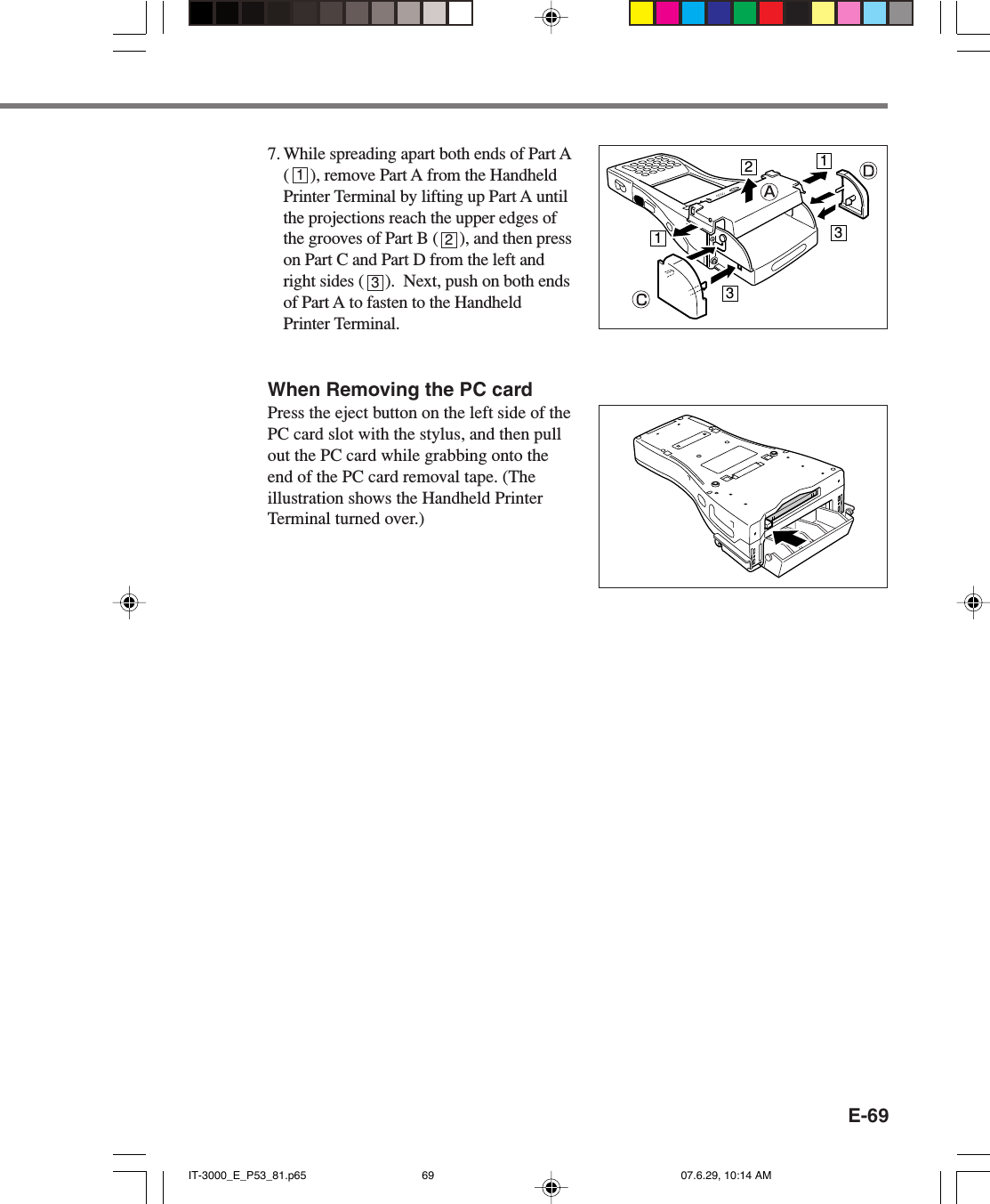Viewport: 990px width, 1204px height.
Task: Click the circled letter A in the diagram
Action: [x=769, y=192]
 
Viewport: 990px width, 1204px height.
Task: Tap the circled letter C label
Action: [x=640, y=300]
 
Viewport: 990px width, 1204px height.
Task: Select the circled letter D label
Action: [x=868, y=171]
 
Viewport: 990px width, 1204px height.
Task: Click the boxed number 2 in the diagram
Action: [x=749, y=167]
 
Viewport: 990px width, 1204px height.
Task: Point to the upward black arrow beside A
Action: [x=749, y=190]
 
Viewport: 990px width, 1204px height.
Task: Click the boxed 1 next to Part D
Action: [x=825, y=161]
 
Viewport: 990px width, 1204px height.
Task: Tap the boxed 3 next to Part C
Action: [x=729, y=294]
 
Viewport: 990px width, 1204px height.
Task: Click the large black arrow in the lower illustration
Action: [x=789, y=537]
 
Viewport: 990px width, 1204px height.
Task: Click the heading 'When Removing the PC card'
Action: [x=399, y=390]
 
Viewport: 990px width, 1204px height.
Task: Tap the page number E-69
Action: [x=867, y=1116]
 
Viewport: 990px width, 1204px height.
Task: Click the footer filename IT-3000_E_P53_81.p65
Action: [x=247, y=1176]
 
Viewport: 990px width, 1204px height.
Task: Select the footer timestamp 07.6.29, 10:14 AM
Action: [x=726, y=1176]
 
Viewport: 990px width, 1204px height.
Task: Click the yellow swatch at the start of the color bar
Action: [x=641, y=13]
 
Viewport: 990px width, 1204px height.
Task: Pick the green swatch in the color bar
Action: [x=745, y=13]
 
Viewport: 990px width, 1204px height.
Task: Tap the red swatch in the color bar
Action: [x=770, y=13]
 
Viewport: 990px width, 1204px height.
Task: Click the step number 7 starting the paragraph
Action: [x=273, y=154]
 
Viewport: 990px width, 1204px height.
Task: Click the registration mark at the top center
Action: [x=551, y=17]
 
